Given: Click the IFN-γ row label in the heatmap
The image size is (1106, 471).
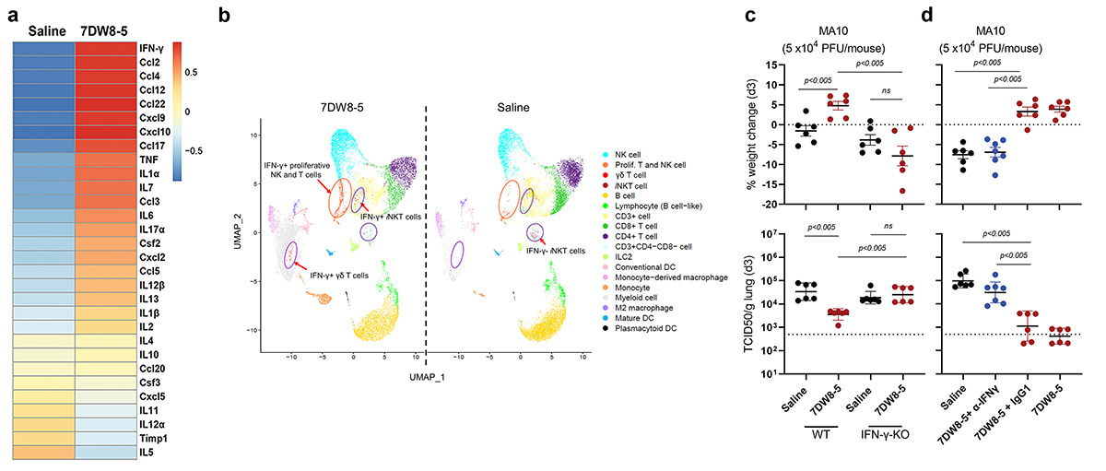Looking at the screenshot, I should [154, 44].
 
